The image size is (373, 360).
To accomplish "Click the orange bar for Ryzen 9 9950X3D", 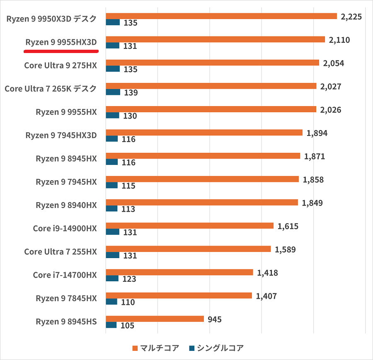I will click(x=221, y=16).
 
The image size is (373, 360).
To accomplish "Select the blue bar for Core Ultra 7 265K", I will click(x=113, y=92).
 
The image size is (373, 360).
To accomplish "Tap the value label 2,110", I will click(x=339, y=40).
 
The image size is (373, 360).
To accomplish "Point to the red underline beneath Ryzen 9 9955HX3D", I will click(x=61, y=52).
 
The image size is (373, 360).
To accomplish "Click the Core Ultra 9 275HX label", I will click(x=61, y=65).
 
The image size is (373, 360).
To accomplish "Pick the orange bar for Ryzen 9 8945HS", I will click(x=155, y=319).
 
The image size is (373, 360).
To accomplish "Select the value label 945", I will click(x=215, y=319).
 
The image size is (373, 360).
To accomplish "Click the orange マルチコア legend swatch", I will click(x=134, y=348).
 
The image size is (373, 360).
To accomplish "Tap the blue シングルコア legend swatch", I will click(x=191, y=348).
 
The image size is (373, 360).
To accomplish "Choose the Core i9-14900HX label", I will click(x=65, y=228).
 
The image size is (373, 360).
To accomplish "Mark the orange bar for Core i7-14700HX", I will click(x=179, y=272).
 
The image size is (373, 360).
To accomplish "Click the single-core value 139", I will click(x=131, y=92).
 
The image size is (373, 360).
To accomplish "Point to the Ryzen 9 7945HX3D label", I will click(x=61, y=135).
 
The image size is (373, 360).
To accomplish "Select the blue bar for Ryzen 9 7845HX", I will click(x=112, y=302).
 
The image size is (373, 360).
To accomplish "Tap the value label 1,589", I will click(x=285, y=249).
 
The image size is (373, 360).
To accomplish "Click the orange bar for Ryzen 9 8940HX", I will click(x=202, y=203).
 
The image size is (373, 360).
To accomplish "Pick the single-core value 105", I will click(x=127, y=326).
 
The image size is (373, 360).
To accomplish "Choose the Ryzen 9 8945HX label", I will click(x=66, y=159).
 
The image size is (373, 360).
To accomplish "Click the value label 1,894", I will click(x=317, y=133).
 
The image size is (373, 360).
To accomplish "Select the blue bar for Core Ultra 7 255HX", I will click(x=113, y=255).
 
